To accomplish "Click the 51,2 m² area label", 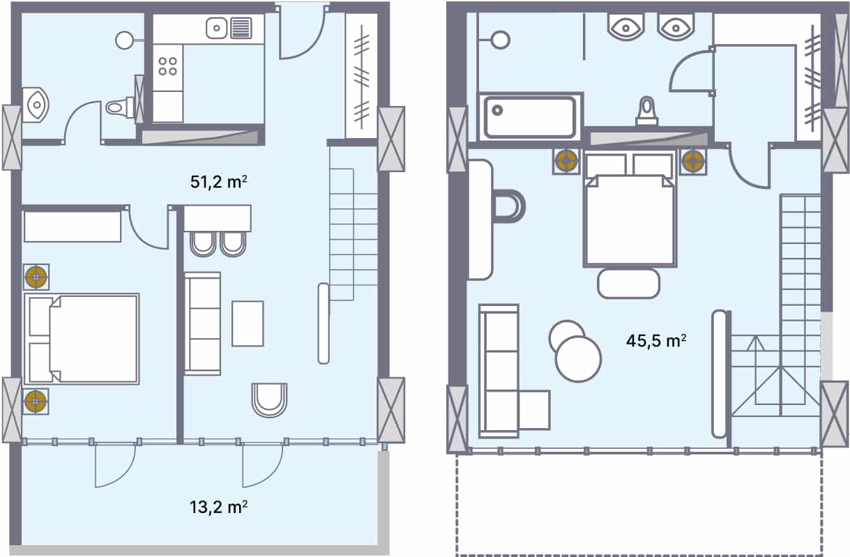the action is point(218,182).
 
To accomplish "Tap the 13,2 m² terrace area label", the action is point(218,507).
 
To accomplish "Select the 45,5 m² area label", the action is point(656,340).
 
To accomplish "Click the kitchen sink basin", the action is point(217,28).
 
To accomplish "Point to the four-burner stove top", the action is point(168,66).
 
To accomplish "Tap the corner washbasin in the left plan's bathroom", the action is point(36,105).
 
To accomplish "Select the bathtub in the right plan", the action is point(530,117).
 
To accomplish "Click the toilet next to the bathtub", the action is point(647,111).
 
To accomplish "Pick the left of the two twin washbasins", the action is point(625,26).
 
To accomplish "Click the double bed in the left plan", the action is point(82,339).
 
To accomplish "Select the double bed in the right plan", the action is point(630,208).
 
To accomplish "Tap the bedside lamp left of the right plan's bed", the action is point(566,160).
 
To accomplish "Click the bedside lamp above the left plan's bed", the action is point(36,277).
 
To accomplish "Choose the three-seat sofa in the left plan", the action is point(203,323).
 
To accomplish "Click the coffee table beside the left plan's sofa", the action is point(248,323).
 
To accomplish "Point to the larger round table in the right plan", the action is point(578,359).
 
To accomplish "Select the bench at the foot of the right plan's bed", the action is point(629,284).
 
